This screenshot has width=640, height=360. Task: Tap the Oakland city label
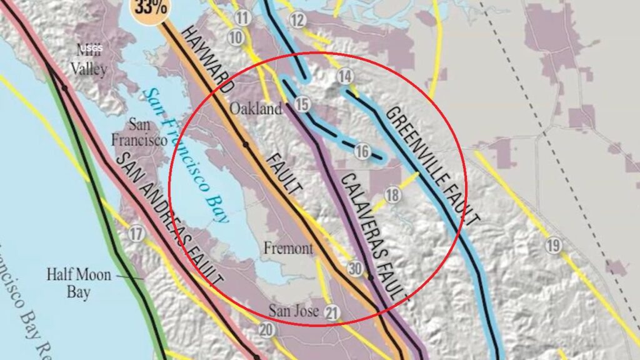pos(256,109)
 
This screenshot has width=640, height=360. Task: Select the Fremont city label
pos(288,248)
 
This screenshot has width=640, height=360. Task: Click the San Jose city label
pos(294,310)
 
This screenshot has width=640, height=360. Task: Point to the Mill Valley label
pos(88,61)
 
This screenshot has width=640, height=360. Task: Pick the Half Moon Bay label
pos(78,282)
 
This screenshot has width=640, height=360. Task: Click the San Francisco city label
pos(139,132)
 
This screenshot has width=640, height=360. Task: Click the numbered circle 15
pos(302,104)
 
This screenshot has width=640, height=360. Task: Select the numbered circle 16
pos(362,151)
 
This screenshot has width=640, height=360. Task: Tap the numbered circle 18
pos(392,195)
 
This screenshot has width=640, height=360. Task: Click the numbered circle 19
pos(552,246)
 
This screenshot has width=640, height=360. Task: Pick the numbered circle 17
pos(136,235)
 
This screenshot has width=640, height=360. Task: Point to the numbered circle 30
pos(356,269)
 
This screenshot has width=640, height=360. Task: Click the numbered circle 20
pos(267,330)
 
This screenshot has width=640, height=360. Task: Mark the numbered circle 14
pos(345,76)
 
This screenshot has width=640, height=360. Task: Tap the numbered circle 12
pos(297,21)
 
